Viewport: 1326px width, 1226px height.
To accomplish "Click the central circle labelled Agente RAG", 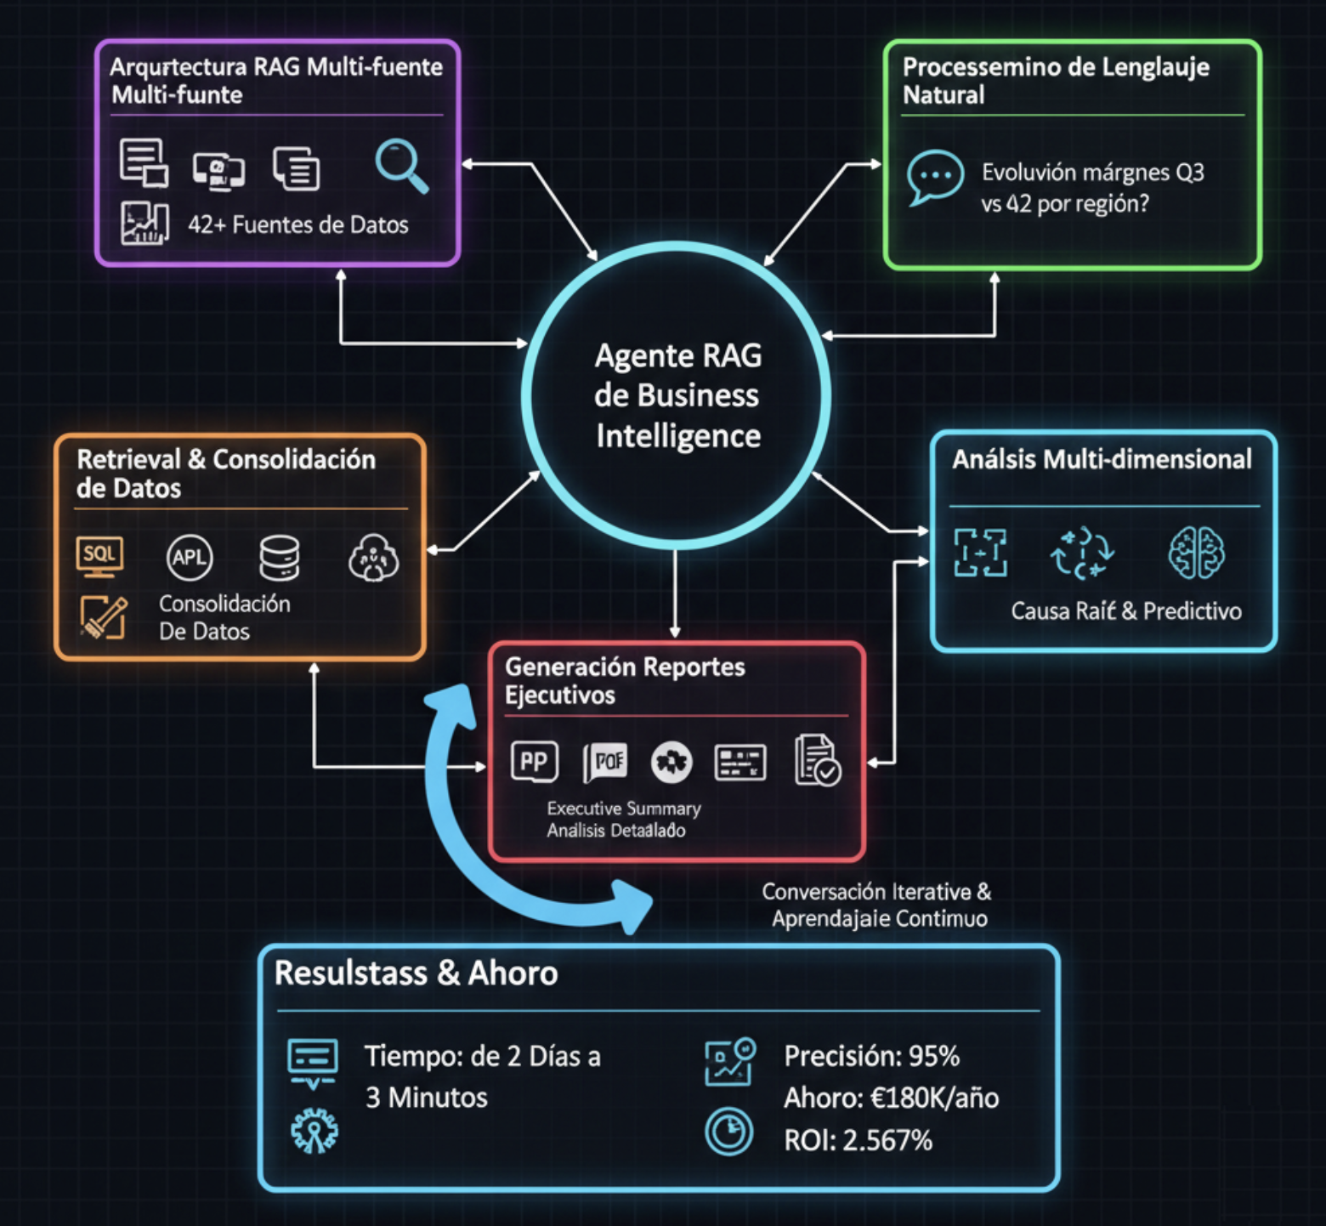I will pos(676,395).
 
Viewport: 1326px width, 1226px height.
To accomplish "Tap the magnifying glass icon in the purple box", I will pos(401,166).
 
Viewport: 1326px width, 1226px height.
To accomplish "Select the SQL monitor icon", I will pos(99,556).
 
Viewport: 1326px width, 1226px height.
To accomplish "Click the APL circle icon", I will pos(189,558).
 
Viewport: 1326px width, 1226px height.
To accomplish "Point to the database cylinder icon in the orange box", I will pos(280,558).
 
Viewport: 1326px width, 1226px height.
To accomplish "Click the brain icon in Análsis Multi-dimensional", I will pos(1196,553).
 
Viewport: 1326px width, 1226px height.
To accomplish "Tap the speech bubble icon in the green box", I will pos(935,177).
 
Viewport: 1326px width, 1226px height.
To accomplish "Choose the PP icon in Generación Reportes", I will pos(534,761).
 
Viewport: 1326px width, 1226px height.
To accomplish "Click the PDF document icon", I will pos(605,761).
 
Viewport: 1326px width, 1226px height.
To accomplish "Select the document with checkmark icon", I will pos(817,759).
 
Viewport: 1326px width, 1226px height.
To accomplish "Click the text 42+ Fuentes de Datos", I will pos(297,224).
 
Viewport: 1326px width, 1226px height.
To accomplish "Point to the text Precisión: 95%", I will pos(871,1056).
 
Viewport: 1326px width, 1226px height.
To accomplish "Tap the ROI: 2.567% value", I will pos(858,1140).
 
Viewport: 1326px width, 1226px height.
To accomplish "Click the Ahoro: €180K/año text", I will pos(891,1098).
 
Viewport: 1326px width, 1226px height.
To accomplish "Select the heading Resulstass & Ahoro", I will pos(416,973).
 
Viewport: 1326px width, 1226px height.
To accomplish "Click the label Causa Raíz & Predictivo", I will pos(1125,611).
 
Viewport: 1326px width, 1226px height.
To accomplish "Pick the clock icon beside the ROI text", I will pos(728,1132).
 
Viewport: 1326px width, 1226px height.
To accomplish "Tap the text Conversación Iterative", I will pos(875,892).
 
